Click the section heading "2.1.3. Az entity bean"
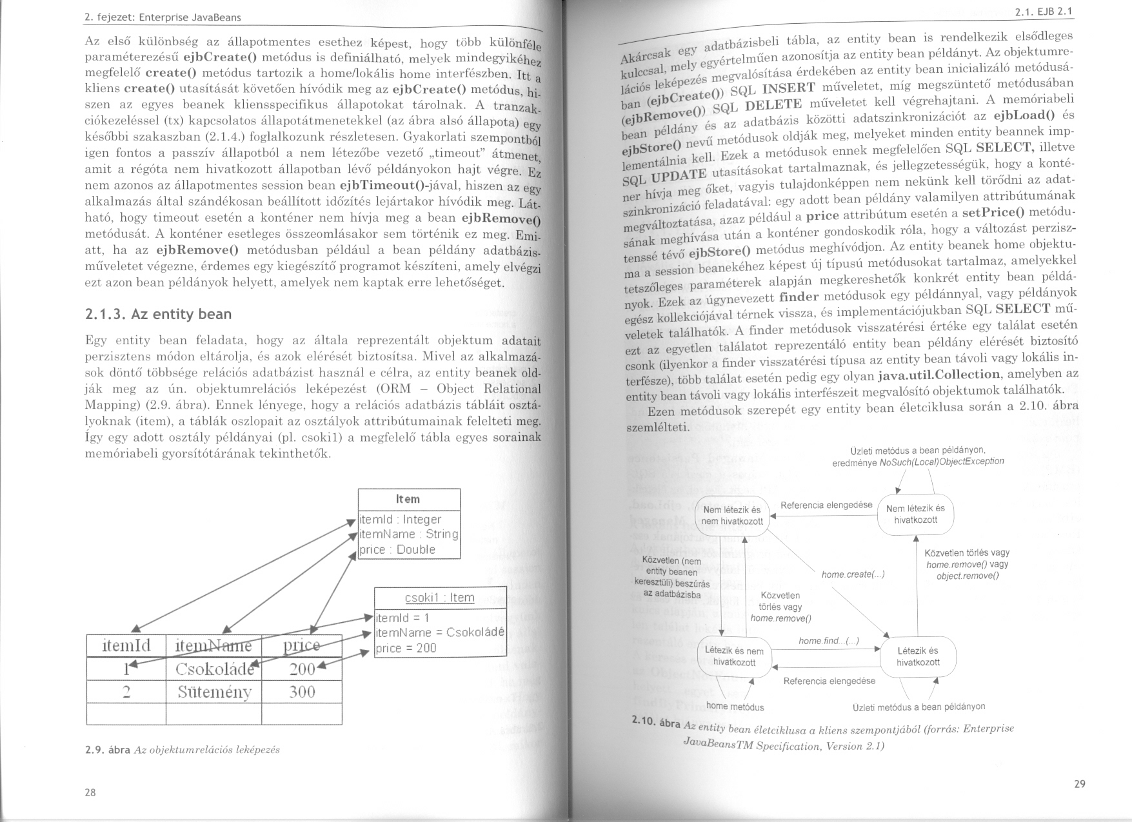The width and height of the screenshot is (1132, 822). coord(158,315)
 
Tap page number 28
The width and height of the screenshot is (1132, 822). coord(90,792)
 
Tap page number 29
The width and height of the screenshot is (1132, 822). coord(1080,784)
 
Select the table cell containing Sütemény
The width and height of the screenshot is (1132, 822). coord(214,692)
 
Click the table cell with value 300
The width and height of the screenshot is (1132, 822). coord(302,692)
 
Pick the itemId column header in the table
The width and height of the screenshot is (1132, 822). coord(126,645)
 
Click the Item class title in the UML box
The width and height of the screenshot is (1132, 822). coord(408,500)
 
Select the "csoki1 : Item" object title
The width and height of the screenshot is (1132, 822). coord(440,598)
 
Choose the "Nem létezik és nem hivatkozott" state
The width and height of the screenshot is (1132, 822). coord(732,515)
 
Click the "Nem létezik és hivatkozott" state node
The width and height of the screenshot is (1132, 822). coord(915,514)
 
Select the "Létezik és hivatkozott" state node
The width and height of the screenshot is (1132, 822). coord(918,656)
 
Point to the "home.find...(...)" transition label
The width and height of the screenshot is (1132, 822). coord(829,641)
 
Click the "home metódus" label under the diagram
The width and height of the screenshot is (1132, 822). coord(735,707)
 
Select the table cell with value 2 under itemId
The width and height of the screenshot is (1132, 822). coord(126,692)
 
